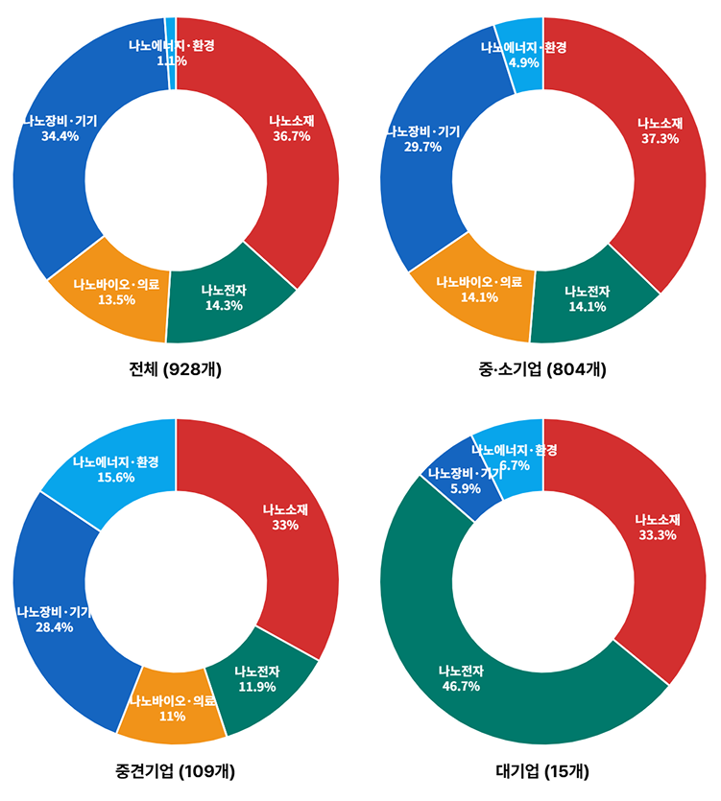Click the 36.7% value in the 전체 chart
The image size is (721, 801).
(x=290, y=137)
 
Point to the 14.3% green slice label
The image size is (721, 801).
(x=223, y=305)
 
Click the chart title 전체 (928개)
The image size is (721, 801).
(x=175, y=369)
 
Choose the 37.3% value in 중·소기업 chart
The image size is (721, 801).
(x=660, y=138)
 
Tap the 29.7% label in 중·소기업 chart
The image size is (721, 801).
(x=422, y=147)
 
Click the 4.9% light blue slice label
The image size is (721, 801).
(x=524, y=62)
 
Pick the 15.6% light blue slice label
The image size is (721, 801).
(x=117, y=478)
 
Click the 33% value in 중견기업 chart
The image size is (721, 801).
(x=285, y=525)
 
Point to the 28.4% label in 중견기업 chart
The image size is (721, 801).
(x=54, y=627)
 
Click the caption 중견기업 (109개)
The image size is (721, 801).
(x=175, y=771)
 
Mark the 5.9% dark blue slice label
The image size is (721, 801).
(x=465, y=488)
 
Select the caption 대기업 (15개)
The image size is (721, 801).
(x=542, y=771)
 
